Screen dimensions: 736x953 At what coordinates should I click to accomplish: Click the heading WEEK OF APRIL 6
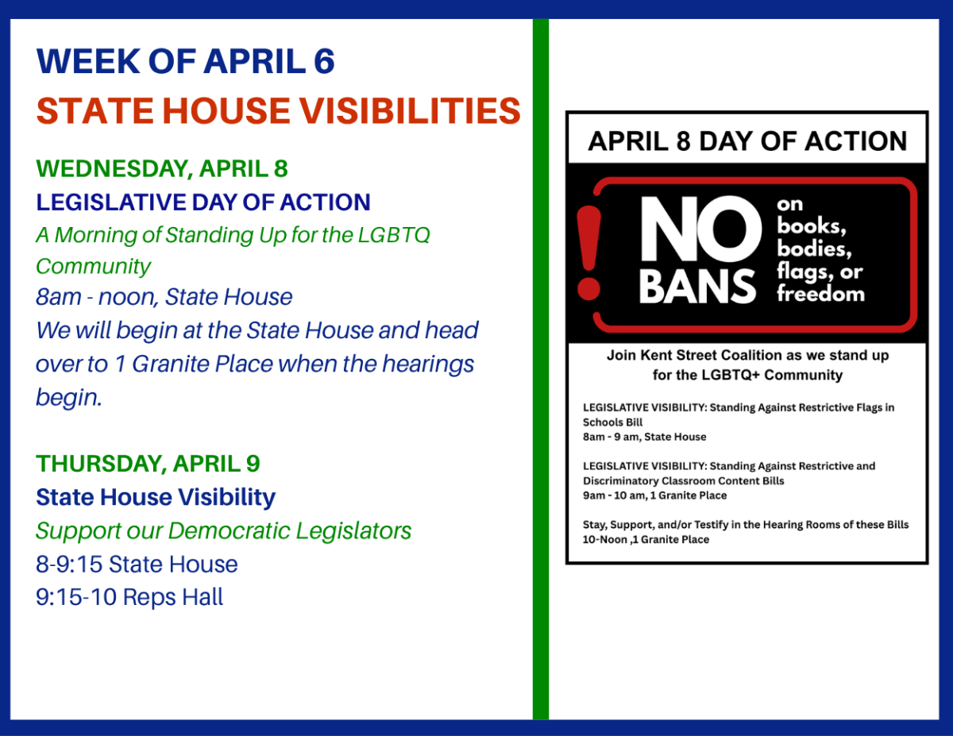pyautogui.click(x=186, y=62)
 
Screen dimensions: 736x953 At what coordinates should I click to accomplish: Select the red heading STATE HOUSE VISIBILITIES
pyautogui.click(x=278, y=111)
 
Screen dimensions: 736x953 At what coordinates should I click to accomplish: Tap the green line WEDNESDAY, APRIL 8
pyautogui.click(x=162, y=168)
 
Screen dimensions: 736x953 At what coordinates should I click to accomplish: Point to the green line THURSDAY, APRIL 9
pyautogui.click(x=148, y=463)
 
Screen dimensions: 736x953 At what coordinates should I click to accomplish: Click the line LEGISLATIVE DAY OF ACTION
pyautogui.click(x=203, y=202)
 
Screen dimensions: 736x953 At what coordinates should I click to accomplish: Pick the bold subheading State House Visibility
pyautogui.click(x=156, y=497)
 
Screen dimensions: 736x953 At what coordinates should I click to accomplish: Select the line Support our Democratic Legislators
pyautogui.click(x=223, y=530)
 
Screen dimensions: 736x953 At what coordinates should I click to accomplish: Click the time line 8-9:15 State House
pyautogui.click(x=137, y=564)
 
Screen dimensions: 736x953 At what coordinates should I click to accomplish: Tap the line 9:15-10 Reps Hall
pyautogui.click(x=129, y=596)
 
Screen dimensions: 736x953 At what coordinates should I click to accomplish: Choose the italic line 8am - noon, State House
pyautogui.click(x=164, y=297)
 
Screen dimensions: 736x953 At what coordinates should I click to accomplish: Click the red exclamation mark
pyautogui.click(x=589, y=252)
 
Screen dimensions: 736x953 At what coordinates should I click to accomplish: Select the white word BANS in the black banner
pyautogui.click(x=698, y=286)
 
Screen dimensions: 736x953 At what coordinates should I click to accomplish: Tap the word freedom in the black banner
pyautogui.click(x=820, y=294)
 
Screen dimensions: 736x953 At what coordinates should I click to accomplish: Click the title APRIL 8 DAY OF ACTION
pyautogui.click(x=747, y=141)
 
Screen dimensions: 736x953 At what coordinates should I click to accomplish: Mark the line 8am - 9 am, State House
pyautogui.click(x=644, y=437)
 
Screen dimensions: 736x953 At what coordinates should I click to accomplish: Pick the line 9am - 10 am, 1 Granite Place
pyautogui.click(x=654, y=495)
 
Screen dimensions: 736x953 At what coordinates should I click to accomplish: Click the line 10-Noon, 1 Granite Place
pyautogui.click(x=646, y=539)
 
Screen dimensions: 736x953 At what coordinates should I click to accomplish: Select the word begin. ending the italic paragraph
pyautogui.click(x=69, y=397)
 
